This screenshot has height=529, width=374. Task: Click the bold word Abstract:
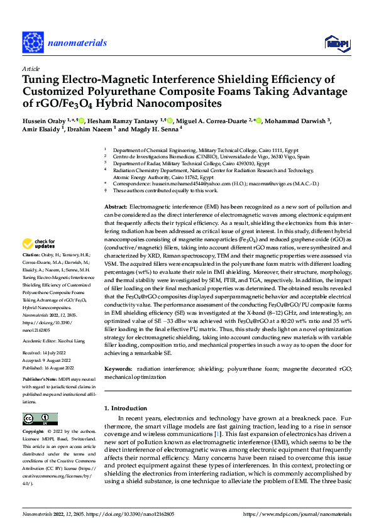pyautogui.click(x=116, y=207)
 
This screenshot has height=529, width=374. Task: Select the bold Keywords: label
pyautogui.click(x=118, y=370)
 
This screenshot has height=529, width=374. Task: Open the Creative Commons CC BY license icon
pyautogui.click(x=40, y=418)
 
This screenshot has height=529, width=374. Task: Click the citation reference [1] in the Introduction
pyautogui.click(x=217, y=434)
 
